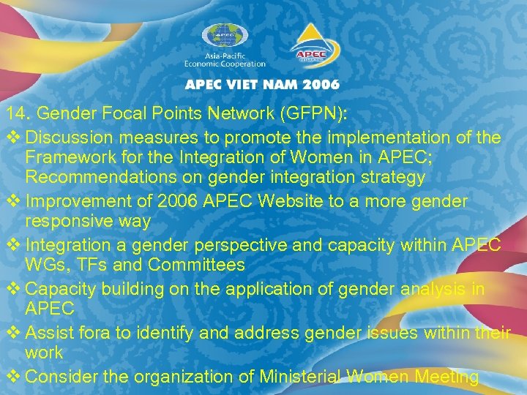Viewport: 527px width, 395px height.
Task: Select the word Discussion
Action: tap(67, 138)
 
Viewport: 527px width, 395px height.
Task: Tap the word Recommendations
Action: tap(91, 177)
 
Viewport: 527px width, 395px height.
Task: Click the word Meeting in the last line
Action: tap(443, 377)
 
